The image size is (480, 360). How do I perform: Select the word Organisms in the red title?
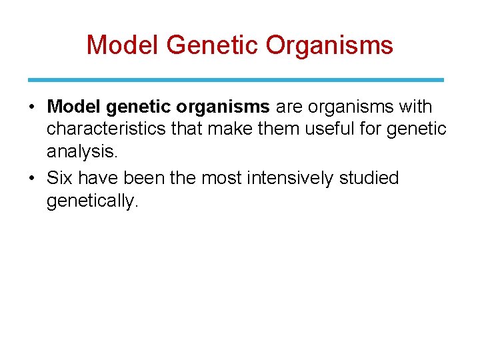[329, 45]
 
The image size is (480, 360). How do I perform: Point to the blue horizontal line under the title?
[236, 79]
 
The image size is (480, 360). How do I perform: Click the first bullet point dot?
[33, 107]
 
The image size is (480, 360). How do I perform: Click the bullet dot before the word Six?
[33, 179]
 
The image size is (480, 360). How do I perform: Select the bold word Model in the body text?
[72, 107]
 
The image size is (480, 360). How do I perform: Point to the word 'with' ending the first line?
[414, 107]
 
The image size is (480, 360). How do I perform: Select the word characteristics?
[106, 129]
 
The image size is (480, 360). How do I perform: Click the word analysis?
[82, 152]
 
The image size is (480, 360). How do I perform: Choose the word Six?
[61, 178]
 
